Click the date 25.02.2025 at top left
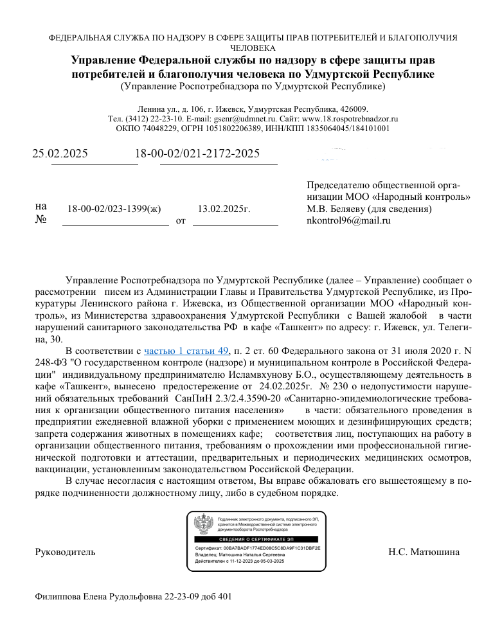click(x=60, y=154)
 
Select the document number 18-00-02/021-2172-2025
click(x=197, y=154)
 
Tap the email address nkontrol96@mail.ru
click(x=349, y=220)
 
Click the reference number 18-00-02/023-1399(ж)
click(x=114, y=209)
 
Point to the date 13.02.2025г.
click(x=224, y=209)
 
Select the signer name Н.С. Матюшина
click(x=424, y=552)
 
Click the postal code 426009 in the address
click(x=353, y=109)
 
